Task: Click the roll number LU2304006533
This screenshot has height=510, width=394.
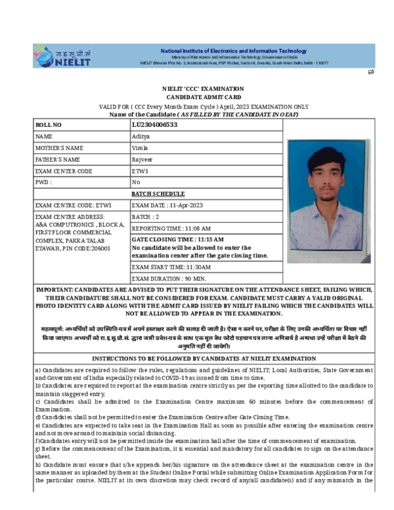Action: point(154,124)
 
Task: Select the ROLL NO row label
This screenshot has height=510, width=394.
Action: point(49,124)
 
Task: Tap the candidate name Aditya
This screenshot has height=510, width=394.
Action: point(141,136)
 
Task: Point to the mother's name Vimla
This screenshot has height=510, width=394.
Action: point(141,148)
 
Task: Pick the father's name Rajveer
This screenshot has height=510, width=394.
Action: point(143,159)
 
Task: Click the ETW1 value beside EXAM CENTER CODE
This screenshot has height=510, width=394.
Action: point(141,171)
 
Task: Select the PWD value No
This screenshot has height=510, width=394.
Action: point(136,182)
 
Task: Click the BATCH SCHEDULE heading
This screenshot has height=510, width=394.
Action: point(158,194)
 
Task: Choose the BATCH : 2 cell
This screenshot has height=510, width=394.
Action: point(146,216)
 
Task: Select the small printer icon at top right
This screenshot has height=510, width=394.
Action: point(370,72)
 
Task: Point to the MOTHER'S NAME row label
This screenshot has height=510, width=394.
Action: point(60,148)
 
